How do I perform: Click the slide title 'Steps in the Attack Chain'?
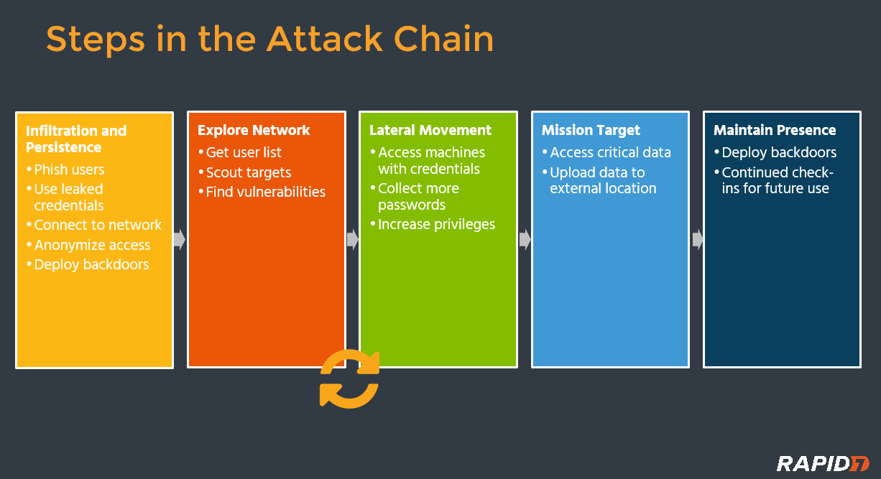269,39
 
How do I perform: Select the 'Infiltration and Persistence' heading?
76,139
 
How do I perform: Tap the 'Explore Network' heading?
254,130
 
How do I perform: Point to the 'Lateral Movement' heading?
430,130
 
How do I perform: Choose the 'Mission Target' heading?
591,130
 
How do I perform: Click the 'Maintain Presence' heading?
775,130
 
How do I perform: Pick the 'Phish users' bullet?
69,169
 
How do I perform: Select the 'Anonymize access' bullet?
92,245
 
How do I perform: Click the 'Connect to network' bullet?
98,225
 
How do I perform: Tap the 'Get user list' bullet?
244,152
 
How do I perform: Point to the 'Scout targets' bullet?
249,172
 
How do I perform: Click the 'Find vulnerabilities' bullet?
265,192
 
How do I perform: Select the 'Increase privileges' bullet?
436,224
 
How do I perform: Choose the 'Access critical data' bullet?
610,152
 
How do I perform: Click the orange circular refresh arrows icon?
349,378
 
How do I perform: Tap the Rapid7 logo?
823,463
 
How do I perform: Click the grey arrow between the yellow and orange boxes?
180,239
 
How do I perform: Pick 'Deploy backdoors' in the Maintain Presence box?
779,152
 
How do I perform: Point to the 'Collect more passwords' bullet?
418,196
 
